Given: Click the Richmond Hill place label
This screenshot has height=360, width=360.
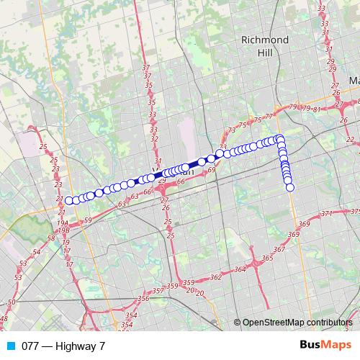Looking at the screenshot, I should tap(265, 45).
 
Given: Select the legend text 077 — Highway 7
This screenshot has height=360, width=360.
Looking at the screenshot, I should tap(60, 346).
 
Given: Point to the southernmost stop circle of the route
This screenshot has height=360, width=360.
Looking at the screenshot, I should tap(290, 187).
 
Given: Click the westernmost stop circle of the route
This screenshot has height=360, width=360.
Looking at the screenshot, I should tap(68, 201).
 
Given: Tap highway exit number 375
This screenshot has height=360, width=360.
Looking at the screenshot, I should tap(354, 212).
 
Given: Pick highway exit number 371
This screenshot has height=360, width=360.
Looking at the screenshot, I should tap(327, 214).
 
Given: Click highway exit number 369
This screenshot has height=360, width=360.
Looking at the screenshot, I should tap(293, 234).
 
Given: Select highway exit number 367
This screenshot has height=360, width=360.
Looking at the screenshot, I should tap(279, 249).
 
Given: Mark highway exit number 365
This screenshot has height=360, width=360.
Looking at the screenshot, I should tap(267, 257).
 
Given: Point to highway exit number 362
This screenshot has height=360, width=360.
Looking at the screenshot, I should tap(215, 277).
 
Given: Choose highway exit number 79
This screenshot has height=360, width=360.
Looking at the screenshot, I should tap(292, 107).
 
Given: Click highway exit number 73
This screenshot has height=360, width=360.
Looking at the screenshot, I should tap(232, 130).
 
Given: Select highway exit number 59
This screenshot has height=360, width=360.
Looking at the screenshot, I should tap(88, 219).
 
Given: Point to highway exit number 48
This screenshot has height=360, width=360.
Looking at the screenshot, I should tap(4, 318).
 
